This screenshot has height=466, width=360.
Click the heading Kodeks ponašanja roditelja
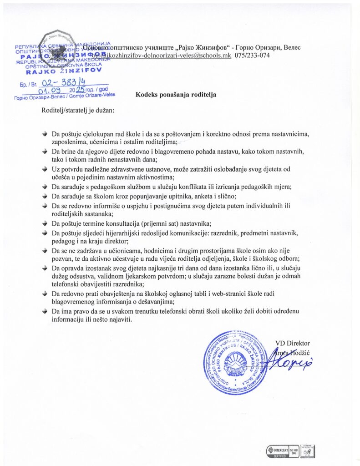[175, 95]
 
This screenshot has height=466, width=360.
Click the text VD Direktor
[292, 343]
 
